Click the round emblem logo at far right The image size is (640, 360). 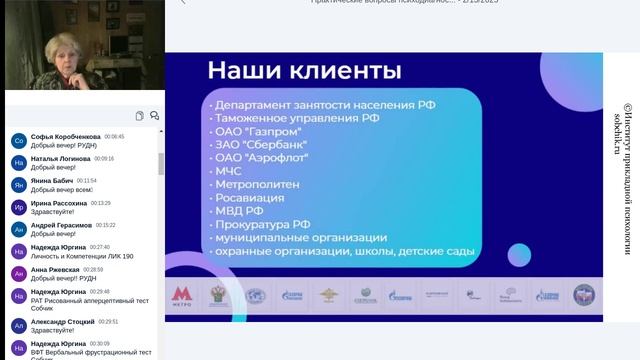[583, 295]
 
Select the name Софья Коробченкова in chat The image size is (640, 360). [65, 136]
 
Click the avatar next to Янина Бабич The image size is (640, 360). [18, 185]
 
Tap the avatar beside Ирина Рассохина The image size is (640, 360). [18, 207]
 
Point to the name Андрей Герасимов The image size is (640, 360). [61, 225]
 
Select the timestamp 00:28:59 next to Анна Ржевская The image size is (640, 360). [93, 270]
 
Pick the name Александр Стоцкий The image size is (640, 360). [62, 322]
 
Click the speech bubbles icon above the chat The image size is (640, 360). [154, 116]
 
